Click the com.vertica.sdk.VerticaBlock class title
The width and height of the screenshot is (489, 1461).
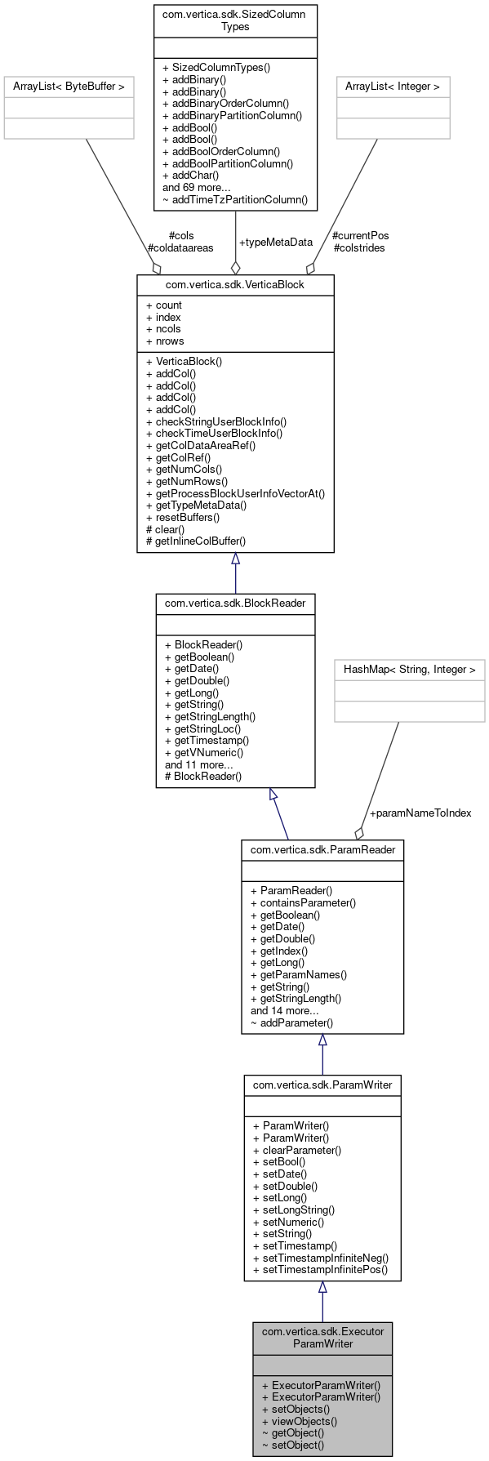[x=235, y=284]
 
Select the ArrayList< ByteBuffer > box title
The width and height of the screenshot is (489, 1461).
[x=69, y=85]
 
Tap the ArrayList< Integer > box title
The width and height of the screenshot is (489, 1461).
[x=393, y=85]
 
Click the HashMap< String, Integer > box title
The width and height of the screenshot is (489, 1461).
[x=409, y=669]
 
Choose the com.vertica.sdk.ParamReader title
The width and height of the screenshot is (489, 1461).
[x=322, y=849]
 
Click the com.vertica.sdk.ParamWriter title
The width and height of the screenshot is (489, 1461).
[x=322, y=1085]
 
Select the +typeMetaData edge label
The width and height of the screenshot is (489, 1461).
[x=275, y=242]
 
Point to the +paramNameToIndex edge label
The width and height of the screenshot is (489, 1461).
[x=420, y=813]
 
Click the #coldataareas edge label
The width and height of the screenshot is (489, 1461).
[x=180, y=247]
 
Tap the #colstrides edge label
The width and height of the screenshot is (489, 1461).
[x=359, y=247]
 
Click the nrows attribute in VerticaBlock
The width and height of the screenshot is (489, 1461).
[x=165, y=341]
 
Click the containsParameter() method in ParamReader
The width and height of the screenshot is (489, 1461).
[x=303, y=902]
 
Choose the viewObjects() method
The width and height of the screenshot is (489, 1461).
[x=299, y=1420]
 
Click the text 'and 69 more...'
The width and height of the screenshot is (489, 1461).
[x=196, y=186]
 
